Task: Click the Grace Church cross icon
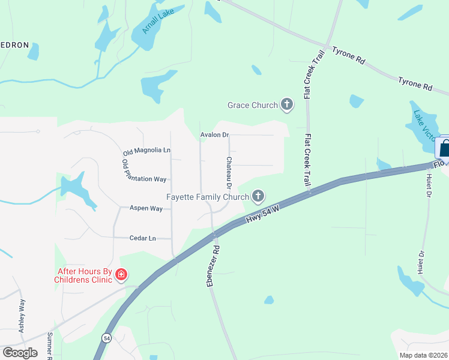click(x=287, y=105)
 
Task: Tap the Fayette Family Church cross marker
click(x=258, y=196)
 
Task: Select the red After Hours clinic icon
click(x=121, y=275)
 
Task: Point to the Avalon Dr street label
click(x=214, y=135)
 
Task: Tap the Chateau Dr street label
click(x=229, y=170)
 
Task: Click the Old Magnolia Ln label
click(x=147, y=149)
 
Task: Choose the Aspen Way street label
click(x=146, y=208)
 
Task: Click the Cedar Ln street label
click(x=142, y=238)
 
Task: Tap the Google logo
click(x=20, y=352)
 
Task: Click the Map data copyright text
click(x=423, y=355)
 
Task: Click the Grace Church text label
click(x=253, y=105)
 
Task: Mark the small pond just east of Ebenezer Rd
click(x=269, y=299)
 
